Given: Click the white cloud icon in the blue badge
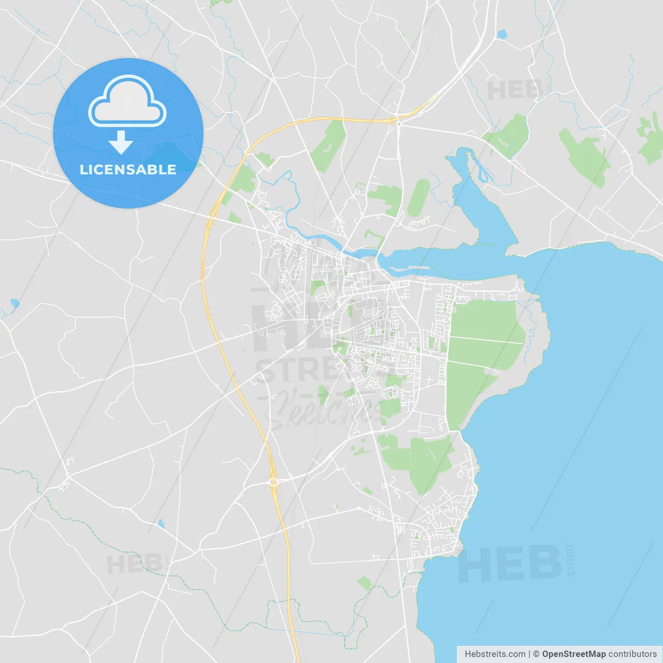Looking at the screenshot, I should point(127,102).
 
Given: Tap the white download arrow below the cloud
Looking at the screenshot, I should point(121,142).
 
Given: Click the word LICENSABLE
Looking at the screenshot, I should point(128,169).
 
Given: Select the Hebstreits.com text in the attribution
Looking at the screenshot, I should point(495,654).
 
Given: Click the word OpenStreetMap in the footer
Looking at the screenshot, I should point(573,654).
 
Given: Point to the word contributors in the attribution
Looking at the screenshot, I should point(632,654).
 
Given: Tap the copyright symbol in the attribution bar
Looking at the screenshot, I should point(536,654).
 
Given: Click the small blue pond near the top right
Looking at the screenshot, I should point(501,35).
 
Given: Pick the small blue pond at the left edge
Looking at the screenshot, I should point(15,303).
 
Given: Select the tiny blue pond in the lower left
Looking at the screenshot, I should point(162,524).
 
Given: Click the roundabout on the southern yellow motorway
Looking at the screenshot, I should point(273,482).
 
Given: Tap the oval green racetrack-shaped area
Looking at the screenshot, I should point(419,197).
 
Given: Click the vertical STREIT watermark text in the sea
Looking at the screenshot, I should point(570,559).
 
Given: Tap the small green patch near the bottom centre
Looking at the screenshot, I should point(365,583).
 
